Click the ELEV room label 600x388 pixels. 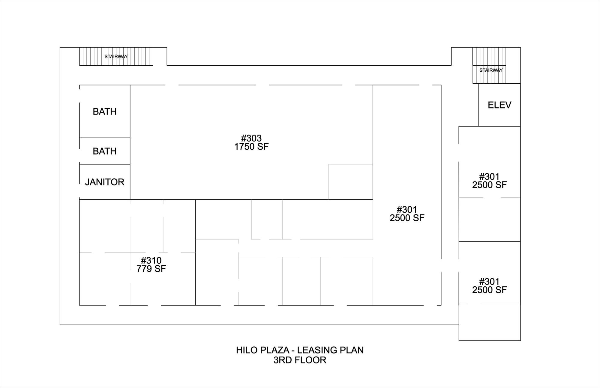499,105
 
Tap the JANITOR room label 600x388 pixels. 105,182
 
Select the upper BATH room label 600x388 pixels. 105,112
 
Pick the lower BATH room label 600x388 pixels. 105,151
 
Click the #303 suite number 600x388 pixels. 251,138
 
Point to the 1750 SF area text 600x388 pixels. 251,147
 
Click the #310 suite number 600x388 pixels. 151,260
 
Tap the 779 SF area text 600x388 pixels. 151,269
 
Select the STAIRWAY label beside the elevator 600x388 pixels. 491,70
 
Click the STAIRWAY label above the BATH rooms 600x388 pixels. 116,56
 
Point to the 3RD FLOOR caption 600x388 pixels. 300,360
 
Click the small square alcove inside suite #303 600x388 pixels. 351,182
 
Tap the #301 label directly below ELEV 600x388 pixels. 489,176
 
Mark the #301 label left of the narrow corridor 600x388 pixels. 407,209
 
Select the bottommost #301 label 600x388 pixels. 489,282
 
